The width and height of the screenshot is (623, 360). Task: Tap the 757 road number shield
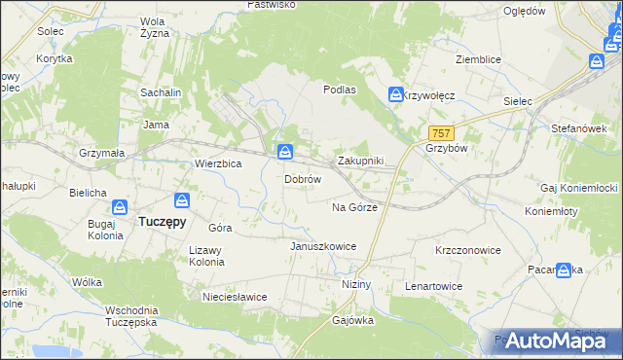[x=440, y=131]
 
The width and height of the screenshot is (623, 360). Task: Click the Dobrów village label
[x=303, y=180]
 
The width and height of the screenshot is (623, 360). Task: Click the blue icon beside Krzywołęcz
[x=396, y=94]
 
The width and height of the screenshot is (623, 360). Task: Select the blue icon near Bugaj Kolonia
[x=119, y=206]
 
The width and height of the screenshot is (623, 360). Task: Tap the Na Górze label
[x=354, y=207]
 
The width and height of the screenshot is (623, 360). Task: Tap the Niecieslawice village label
[x=234, y=296]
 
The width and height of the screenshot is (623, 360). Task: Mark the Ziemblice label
[x=478, y=59]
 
